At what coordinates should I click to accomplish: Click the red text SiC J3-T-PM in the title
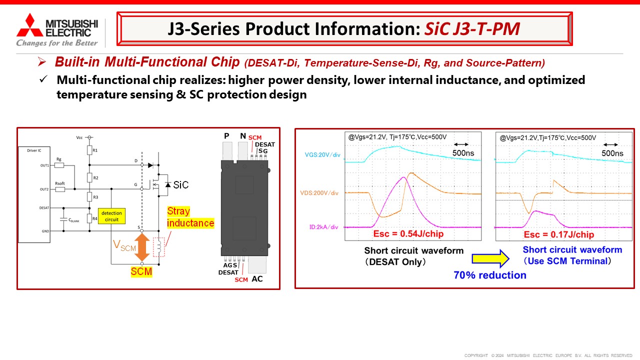pyautogui.click(x=472, y=29)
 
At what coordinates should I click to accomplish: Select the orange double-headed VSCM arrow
pyautogui.click(x=142, y=246)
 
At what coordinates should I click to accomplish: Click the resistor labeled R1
pyautogui.click(x=89, y=150)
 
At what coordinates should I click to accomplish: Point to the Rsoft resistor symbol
pyautogui.click(x=60, y=189)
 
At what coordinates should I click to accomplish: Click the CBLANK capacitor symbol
pyautogui.click(x=63, y=218)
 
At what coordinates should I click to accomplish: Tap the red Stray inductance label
pyautogui.click(x=190, y=217)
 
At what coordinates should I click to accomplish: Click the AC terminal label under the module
pyautogui.click(x=257, y=278)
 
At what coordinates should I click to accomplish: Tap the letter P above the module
pyautogui.click(x=226, y=136)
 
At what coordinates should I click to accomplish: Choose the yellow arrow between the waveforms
pyautogui.click(x=490, y=258)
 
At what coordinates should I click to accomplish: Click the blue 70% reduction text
pyautogui.click(x=490, y=275)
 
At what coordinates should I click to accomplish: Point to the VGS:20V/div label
pyautogui.click(x=322, y=155)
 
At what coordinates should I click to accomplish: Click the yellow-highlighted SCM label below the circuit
pyautogui.click(x=141, y=272)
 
